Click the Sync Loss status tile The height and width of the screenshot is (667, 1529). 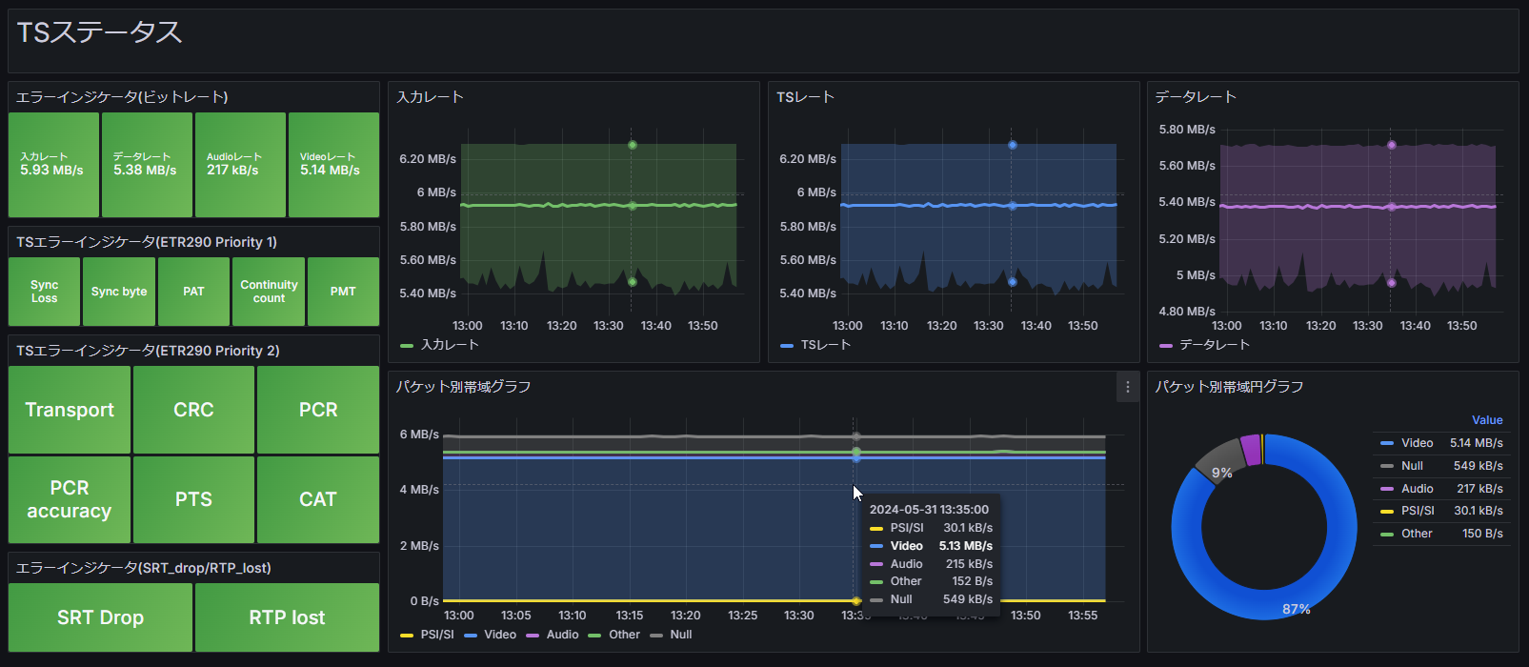[x=45, y=292]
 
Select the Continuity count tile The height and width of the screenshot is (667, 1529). [x=269, y=292]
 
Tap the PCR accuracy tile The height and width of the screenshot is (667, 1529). [x=70, y=499]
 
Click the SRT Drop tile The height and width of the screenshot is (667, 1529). [x=100, y=617]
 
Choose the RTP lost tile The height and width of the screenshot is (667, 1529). [x=287, y=617]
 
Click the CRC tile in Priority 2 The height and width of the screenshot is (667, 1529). [x=193, y=410]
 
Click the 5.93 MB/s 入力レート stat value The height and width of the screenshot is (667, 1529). [x=51, y=171]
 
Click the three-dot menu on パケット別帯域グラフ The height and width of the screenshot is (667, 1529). [x=1127, y=387]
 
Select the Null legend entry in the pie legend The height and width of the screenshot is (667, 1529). [x=1412, y=466]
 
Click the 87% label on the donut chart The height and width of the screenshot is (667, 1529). [x=1297, y=609]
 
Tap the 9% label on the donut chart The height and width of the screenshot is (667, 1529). [x=1222, y=473]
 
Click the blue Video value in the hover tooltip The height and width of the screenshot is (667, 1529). [x=965, y=546]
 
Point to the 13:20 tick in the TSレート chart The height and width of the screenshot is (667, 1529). [x=941, y=326]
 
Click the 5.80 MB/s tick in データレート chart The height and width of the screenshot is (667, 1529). [x=1187, y=130]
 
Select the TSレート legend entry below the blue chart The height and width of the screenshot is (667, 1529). [x=825, y=345]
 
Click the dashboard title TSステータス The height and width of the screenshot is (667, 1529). [x=100, y=32]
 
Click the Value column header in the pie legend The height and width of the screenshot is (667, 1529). [x=1487, y=420]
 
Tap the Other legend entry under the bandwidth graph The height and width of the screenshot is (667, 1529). [x=624, y=635]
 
